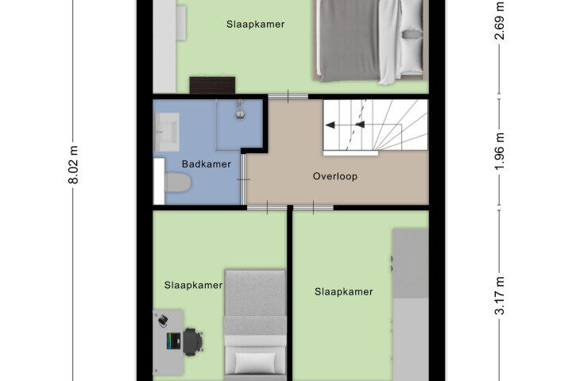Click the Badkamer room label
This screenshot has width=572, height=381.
coord(206,164)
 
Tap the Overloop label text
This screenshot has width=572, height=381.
coord(335,176)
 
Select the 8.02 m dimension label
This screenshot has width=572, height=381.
coord(74,165)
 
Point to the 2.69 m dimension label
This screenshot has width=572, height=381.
coord(500,21)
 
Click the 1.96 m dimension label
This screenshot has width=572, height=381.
coord(500,152)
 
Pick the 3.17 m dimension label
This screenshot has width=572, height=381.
coord(500,296)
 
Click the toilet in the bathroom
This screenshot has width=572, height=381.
coord(178,183)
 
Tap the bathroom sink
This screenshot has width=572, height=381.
coord(167,132)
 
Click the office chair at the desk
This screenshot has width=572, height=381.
coord(192,342)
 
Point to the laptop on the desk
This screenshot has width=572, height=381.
coord(174,341)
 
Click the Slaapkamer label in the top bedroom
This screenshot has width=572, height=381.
coord(255,25)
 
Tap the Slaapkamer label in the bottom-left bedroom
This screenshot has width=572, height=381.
coord(193,285)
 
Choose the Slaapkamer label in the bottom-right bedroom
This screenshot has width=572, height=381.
coord(344,291)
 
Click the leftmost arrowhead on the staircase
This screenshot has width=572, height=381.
coord(330,125)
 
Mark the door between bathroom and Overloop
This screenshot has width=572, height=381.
coord(243,179)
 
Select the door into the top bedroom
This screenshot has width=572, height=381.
coord(288,97)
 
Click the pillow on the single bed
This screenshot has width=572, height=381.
coord(255,363)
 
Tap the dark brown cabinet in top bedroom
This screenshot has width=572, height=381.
coord(212,85)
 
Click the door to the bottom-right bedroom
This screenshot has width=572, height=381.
coord(313,208)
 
